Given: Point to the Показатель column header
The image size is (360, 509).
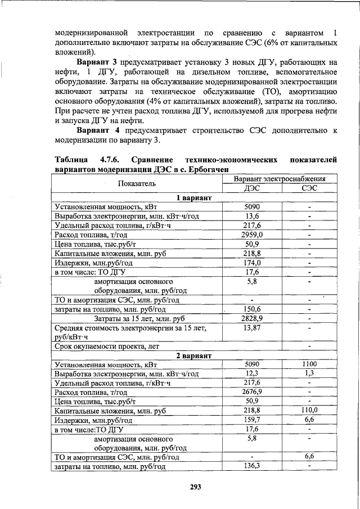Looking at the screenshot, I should (137, 183).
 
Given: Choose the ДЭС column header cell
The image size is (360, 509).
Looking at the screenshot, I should (253, 188).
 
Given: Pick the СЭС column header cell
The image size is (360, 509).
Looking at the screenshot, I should (309, 188).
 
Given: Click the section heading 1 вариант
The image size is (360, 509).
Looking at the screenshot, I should (194, 198).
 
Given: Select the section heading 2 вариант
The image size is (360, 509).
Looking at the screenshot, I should (194, 355).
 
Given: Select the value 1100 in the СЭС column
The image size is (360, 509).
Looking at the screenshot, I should (309, 364).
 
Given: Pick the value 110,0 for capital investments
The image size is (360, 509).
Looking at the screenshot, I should (309, 411).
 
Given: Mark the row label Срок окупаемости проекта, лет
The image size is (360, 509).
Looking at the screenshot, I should (107, 346).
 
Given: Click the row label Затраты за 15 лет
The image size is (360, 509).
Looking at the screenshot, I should (135, 318).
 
